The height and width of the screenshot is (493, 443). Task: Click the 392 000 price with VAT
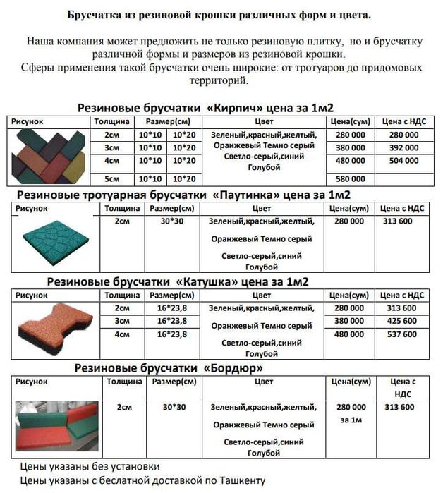[x=403, y=147]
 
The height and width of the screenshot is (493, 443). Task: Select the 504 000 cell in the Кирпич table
[x=403, y=161]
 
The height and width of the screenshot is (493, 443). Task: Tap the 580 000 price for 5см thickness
[x=351, y=179]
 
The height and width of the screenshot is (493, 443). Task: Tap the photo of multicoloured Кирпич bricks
[x=49, y=156]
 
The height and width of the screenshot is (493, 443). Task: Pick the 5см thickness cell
[x=111, y=179]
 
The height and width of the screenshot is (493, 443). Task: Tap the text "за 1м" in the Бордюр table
[x=351, y=421]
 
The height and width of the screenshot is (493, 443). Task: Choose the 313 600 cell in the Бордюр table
[x=401, y=408]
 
